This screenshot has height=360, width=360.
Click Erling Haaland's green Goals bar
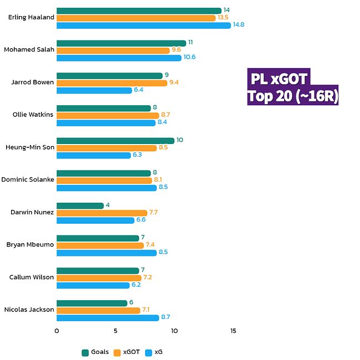138,11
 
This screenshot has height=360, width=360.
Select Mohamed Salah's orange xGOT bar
113,50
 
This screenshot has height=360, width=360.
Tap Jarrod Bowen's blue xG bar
94,90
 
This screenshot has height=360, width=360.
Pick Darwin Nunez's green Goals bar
80,205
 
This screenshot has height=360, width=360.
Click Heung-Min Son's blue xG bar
94,155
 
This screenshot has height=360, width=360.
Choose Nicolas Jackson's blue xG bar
107,317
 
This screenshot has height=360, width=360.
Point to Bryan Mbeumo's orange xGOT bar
100,245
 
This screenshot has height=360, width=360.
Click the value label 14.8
239,25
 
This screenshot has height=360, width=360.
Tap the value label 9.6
177,50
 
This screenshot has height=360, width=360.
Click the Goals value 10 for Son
179,140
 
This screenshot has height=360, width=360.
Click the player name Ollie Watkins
33,115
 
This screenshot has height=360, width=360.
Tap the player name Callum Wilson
32,277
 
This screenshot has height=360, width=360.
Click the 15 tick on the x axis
233,331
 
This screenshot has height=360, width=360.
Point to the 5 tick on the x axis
115,331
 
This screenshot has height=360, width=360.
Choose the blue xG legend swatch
148,352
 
